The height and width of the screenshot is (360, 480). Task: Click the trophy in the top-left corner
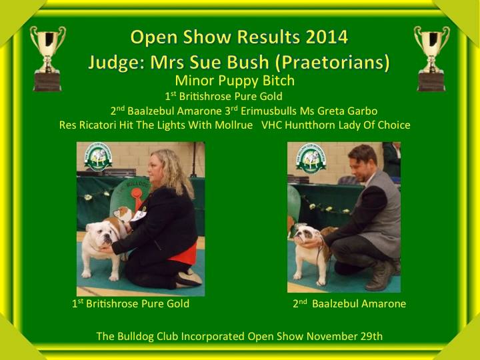pos(48,58)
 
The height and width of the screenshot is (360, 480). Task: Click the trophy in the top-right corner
pos(431,58)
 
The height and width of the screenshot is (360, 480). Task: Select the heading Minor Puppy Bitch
pos(235,81)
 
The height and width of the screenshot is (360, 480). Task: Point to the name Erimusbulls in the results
pos(269,111)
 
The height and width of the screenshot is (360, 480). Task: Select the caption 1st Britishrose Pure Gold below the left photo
pos(131,304)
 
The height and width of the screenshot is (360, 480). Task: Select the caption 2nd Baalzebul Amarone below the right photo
pos(349,304)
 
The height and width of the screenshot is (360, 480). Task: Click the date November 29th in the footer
pos(345,336)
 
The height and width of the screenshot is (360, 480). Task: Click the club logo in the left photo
pos(98,157)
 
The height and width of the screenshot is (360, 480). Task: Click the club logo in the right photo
pos(311,159)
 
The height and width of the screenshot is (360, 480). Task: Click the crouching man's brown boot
pos(380,275)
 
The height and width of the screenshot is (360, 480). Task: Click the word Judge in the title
pos(116,63)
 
